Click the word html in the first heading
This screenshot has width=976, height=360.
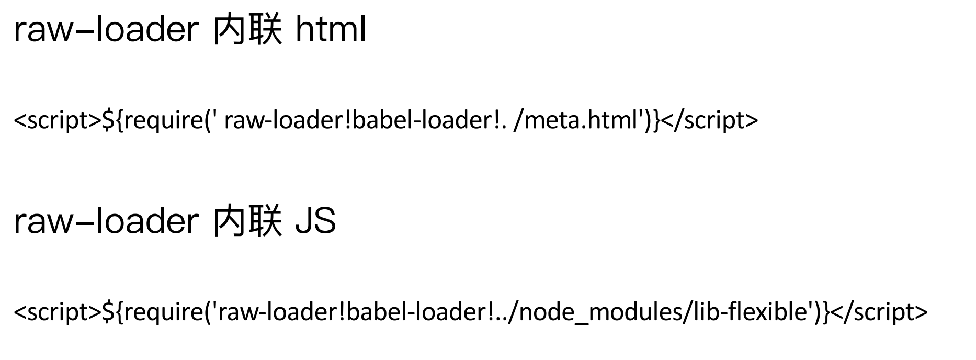click(331, 30)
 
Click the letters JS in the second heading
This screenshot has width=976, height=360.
click(315, 221)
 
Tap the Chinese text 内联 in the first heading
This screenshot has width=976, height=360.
click(247, 30)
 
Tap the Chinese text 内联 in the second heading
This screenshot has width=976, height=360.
click(247, 221)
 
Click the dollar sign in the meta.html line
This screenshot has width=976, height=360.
click(107, 120)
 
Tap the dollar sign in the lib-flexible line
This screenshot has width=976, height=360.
click(107, 312)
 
